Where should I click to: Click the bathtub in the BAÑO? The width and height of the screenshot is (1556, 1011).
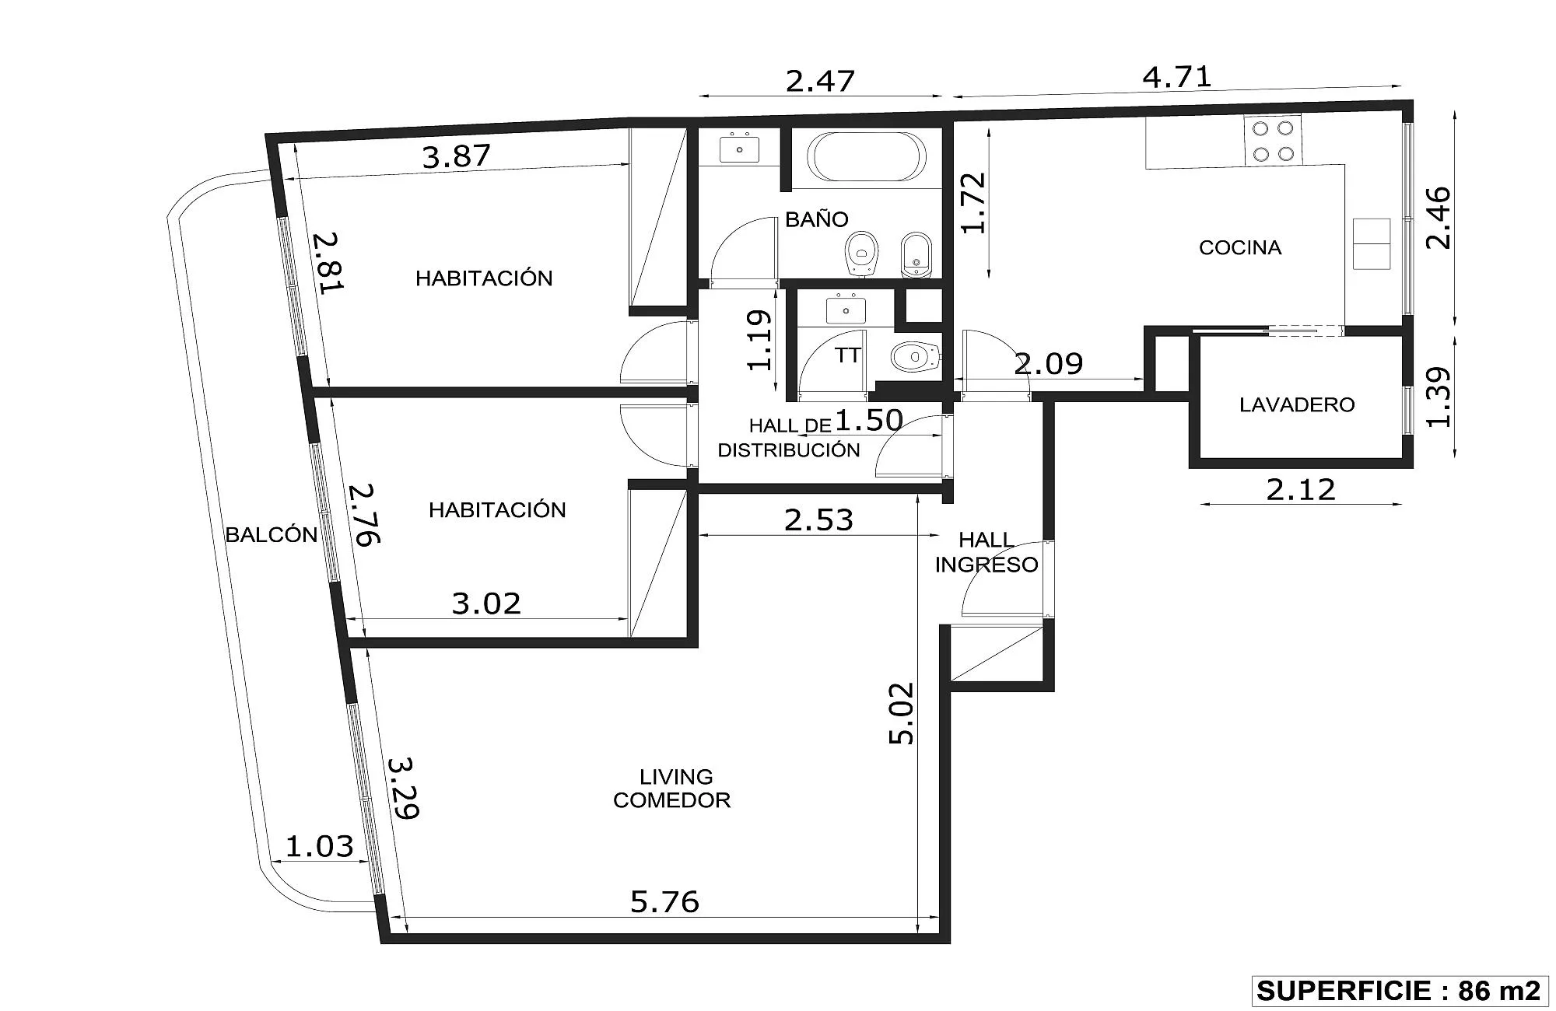pos(867,156)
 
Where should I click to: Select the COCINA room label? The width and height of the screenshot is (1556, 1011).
pos(1240,247)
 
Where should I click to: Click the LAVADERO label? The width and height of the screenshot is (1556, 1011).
pos(1297,404)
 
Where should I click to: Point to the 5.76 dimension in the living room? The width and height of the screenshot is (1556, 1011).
pos(664,901)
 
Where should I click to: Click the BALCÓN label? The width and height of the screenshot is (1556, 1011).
pos(272,534)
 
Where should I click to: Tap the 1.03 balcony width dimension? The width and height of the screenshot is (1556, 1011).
pos(320,846)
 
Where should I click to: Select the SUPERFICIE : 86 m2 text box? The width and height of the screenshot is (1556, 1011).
pos(1398,991)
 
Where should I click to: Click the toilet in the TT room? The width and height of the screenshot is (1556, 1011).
pos(915,357)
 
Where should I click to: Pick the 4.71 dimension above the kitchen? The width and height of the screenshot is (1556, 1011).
pos(1177,78)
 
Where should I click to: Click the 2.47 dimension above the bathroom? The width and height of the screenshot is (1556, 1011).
pos(820,81)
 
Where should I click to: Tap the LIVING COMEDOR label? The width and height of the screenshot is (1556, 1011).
pos(672,789)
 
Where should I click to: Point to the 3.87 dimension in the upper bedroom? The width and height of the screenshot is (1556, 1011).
pos(457,156)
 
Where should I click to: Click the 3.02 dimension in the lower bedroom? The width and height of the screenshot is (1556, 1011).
pos(486,603)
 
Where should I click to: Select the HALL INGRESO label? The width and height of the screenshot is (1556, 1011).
pos(987,552)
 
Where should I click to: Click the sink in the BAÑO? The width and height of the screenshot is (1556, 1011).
pos(739,148)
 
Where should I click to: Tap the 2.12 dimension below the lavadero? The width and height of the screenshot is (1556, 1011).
pos(1301,490)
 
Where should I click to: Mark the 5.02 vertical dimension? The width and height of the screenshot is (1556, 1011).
pos(902,713)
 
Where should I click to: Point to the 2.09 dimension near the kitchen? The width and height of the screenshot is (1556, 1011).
pos(1049,364)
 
